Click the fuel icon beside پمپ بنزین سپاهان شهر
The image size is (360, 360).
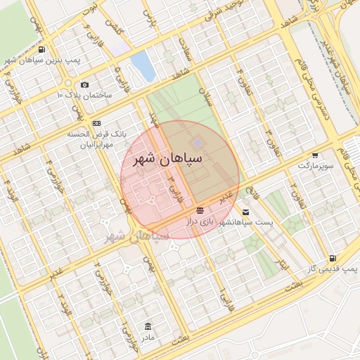43,50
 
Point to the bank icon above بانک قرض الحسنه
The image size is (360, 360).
96,123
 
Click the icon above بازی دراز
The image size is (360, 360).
200,210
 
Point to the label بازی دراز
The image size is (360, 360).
198,221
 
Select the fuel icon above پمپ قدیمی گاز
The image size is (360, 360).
332,258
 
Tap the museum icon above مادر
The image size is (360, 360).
147,327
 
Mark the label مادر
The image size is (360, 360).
147,337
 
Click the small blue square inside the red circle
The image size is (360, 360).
196,143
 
